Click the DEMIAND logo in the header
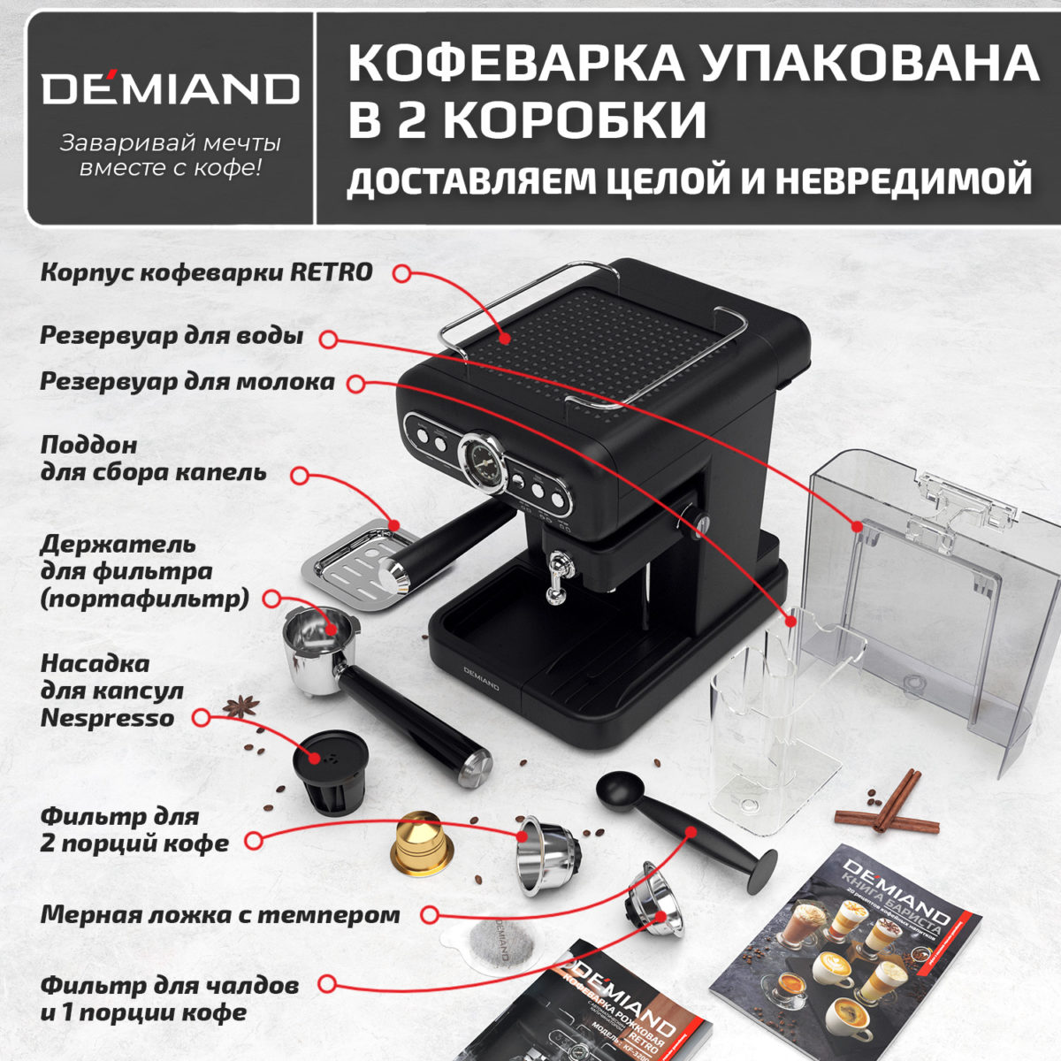click(171, 88)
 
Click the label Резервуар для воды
click(172, 337)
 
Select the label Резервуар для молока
click(187, 382)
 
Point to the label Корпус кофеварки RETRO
click(207, 272)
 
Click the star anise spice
click(241, 706)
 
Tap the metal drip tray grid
click(358, 566)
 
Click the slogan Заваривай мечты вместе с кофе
click(171, 155)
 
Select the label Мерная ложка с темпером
click(219, 914)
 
